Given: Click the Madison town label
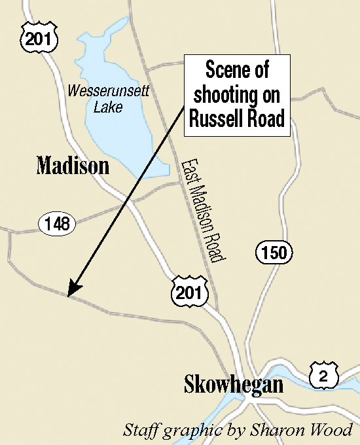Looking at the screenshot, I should (73, 166).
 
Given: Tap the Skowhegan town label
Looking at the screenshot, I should (234, 384).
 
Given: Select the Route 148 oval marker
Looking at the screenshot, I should (58, 224).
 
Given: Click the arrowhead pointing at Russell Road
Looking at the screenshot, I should (73, 290).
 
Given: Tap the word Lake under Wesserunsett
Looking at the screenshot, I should (107, 107).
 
